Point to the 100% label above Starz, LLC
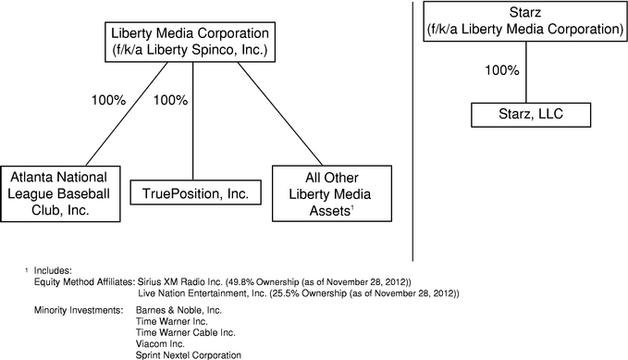(x=502, y=69)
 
